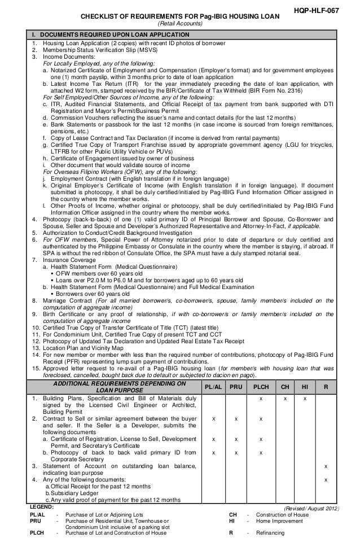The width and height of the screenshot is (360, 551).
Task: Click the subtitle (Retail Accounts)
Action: tap(179, 24)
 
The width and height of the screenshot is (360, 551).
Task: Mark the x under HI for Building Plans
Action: tap(305, 399)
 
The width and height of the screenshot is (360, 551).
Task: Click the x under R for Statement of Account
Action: tap(325, 465)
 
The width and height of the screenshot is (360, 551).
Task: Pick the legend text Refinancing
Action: tap(271, 533)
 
